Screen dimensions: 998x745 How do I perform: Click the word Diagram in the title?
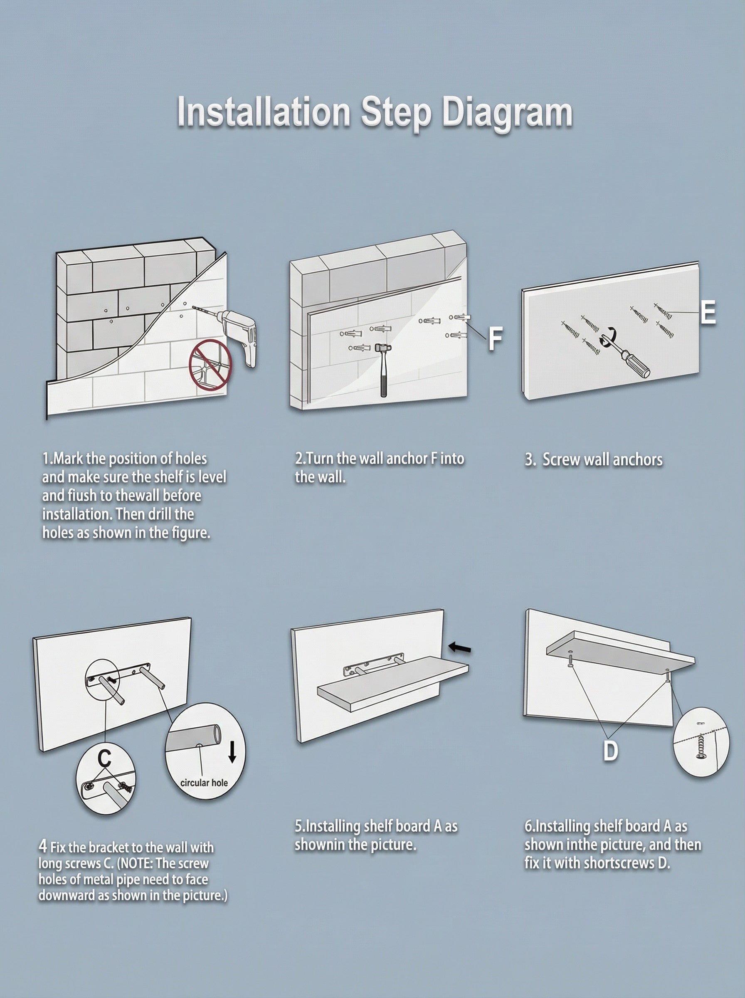507,113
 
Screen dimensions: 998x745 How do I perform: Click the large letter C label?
104,758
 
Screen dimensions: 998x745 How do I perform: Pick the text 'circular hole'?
204,783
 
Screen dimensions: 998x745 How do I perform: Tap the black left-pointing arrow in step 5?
459,649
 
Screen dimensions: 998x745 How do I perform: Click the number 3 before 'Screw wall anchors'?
529,460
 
